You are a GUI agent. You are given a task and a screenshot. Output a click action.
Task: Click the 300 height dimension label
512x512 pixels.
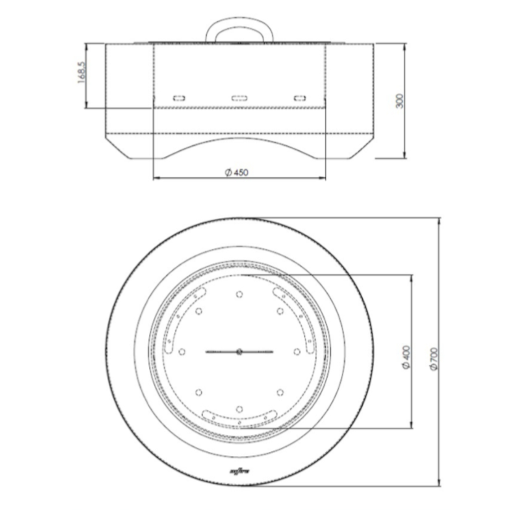click(x=400, y=101)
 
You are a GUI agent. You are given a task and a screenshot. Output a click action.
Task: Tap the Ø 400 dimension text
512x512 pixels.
click(x=406, y=357)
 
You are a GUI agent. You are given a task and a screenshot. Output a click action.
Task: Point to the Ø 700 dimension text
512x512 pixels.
click(x=434, y=358)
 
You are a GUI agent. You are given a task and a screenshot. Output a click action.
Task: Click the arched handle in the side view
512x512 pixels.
click(x=239, y=24)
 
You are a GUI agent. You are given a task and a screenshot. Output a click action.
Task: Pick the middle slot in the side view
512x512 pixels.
click(x=239, y=98)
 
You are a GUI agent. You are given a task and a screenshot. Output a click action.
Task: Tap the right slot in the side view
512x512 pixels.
click(x=300, y=98)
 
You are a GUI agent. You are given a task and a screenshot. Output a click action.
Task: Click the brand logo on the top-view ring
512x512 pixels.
click(x=239, y=470)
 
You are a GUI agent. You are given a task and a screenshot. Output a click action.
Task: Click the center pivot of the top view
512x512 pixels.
click(x=239, y=351)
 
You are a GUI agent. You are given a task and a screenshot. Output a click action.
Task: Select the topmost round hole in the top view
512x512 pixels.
click(x=239, y=294)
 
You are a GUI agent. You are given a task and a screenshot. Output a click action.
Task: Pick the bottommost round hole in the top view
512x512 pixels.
click(x=239, y=409)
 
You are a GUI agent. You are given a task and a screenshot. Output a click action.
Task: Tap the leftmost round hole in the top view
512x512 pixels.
click(x=182, y=351)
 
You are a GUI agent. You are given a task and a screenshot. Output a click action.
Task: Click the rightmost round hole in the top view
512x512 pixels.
click(x=297, y=351)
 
